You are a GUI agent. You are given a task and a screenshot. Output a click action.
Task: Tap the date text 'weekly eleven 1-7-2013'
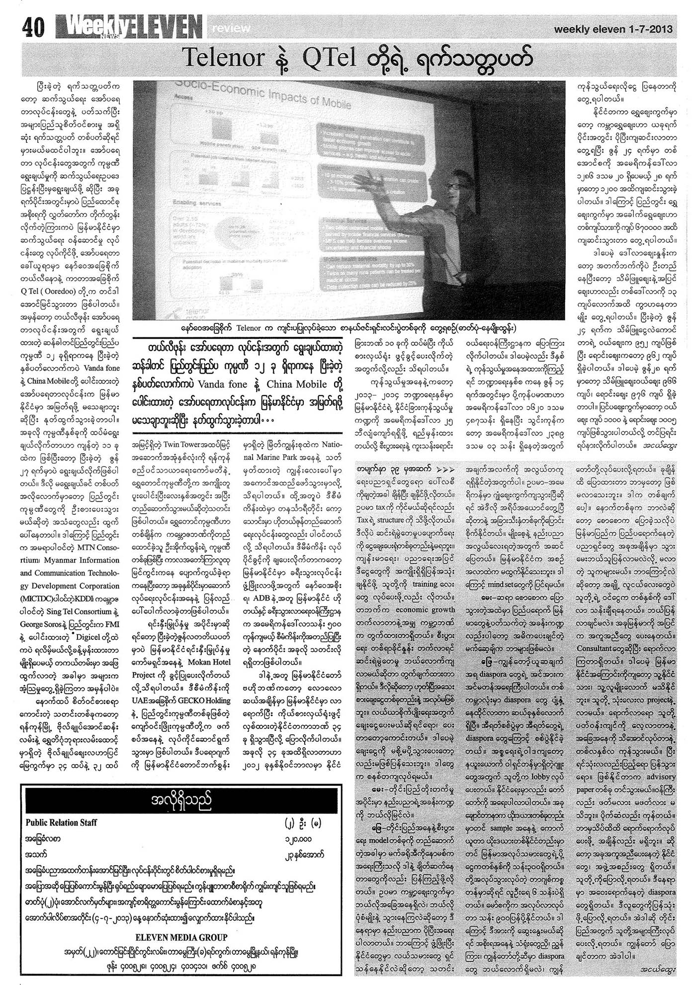[613, 29]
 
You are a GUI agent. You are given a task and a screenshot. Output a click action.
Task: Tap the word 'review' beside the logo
[231, 29]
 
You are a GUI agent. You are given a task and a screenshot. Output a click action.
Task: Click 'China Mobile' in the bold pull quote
[297, 385]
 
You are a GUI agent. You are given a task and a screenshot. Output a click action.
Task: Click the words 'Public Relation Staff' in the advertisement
[61, 822]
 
